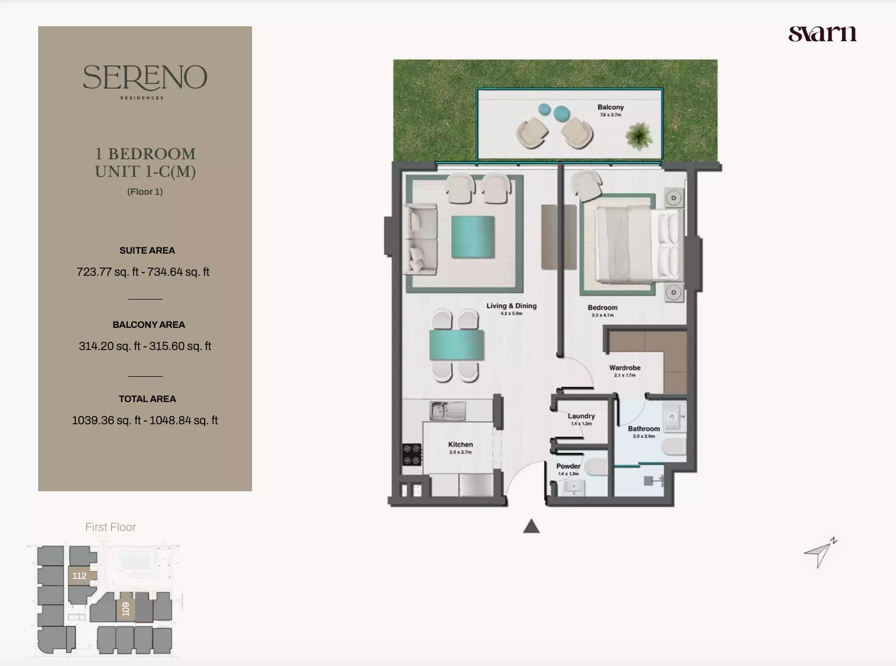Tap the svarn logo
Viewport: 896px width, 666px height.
(x=822, y=34)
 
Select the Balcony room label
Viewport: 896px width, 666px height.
(x=610, y=107)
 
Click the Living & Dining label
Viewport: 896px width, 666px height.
(x=511, y=306)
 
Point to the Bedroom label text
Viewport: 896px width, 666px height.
(x=602, y=308)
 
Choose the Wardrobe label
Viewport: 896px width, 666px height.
(x=624, y=368)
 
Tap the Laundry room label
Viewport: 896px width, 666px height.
(x=581, y=416)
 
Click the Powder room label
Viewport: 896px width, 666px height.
(x=568, y=466)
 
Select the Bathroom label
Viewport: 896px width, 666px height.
(x=643, y=429)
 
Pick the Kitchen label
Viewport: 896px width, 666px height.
(x=460, y=444)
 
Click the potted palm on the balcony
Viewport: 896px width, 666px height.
(x=639, y=136)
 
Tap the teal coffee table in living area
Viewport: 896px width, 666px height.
(x=473, y=237)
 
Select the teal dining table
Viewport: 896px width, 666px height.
(x=456, y=345)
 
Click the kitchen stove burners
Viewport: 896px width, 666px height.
(x=412, y=455)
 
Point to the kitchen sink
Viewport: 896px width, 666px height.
(x=447, y=411)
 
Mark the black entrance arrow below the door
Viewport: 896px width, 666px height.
(x=531, y=527)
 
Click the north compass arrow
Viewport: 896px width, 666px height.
(x=820, y=553)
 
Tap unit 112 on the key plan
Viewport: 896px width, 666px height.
(x=79, y=576)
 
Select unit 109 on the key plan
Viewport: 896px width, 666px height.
(x=125, y=609)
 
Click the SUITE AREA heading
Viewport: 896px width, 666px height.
(x=147, y=251)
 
